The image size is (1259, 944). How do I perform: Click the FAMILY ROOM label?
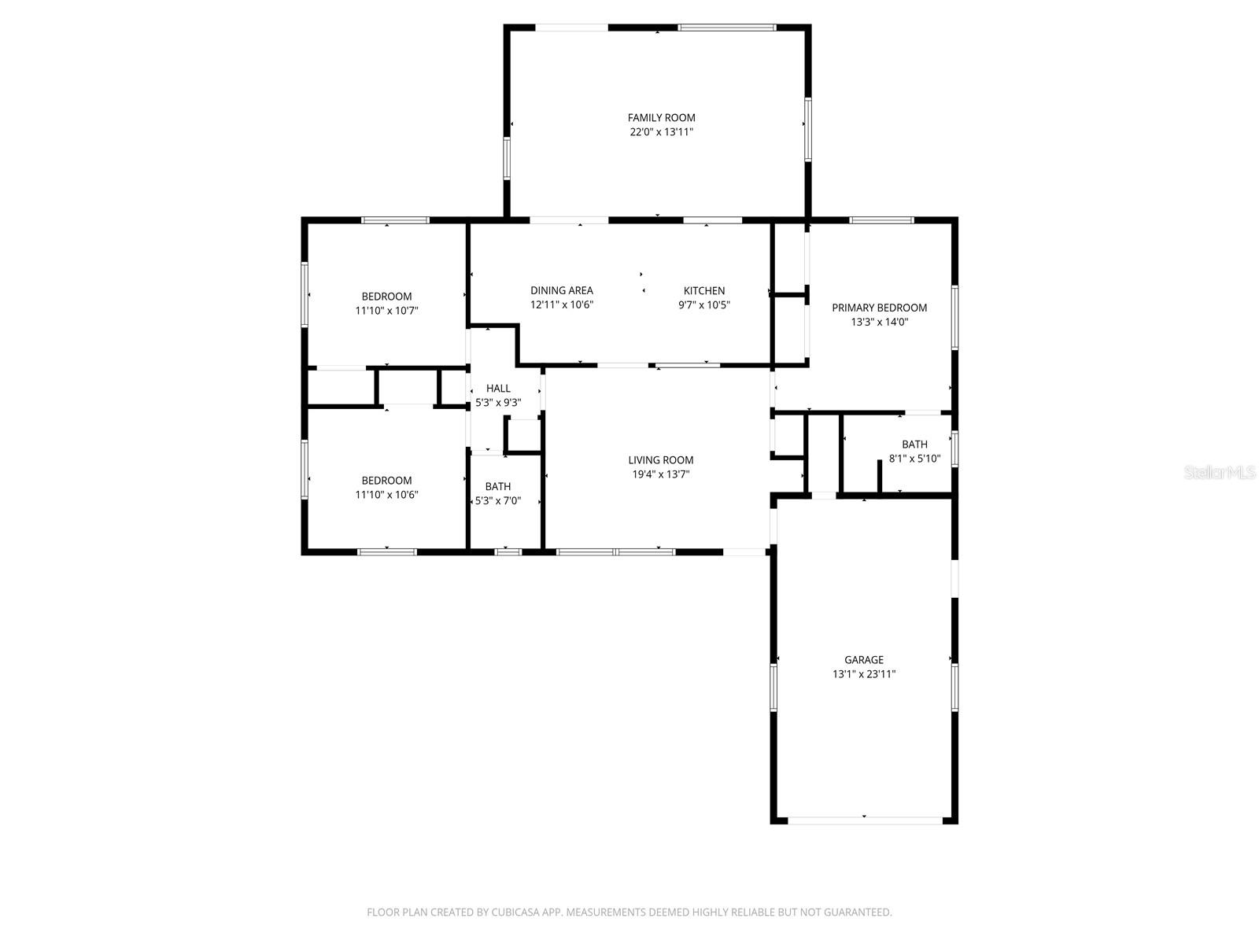[661, 118]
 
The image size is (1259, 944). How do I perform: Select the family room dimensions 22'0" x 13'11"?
[661, 132]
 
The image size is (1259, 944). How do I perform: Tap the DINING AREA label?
[561, 291]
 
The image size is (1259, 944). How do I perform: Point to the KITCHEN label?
[703, 291]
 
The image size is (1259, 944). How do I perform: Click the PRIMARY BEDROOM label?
[879, 308]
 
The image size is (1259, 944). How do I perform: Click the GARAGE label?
[863, 660]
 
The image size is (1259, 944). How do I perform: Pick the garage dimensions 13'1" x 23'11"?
[863, 674]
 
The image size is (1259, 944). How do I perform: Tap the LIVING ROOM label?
[660, 460]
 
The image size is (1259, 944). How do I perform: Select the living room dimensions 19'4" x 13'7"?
[660, 474]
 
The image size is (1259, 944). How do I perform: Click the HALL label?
[497, 389]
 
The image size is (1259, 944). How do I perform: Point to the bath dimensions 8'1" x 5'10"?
[914, 459]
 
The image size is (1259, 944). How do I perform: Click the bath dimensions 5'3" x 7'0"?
[497, 500]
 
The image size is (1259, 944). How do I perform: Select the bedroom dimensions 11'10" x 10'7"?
[386, 311]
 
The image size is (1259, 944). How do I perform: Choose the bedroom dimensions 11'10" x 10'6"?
[386, 495]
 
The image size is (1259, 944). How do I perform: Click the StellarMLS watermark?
[1220, 473]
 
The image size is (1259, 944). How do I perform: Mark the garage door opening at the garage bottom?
[864, 820]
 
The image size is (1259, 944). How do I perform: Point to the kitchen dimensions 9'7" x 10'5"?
[703, 305]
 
